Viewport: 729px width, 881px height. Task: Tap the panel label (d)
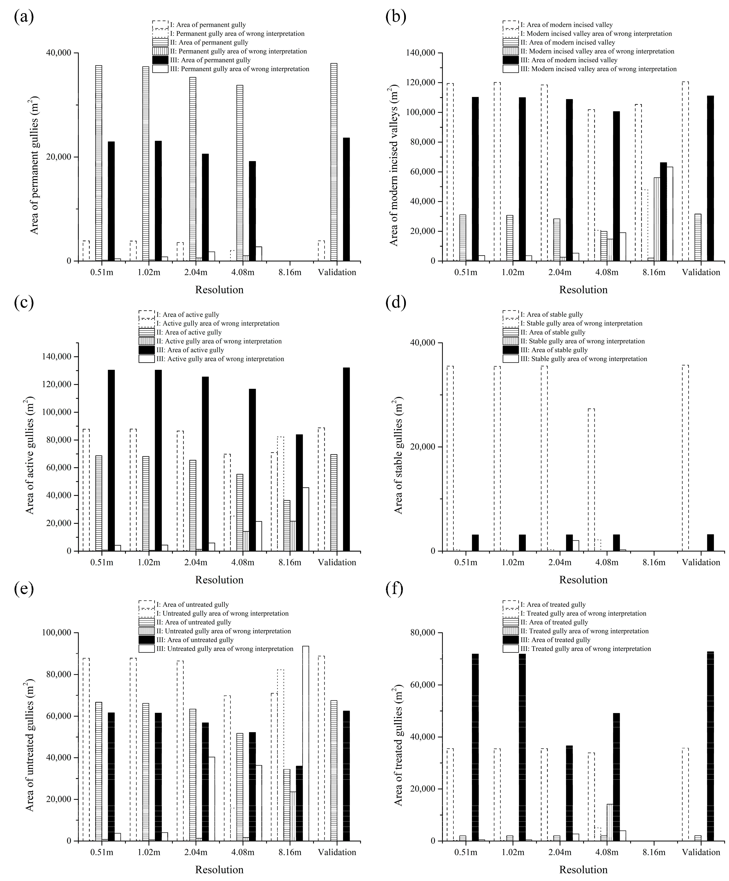tap(396, 302)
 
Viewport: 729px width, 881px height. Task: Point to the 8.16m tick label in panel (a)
tap(290, 272)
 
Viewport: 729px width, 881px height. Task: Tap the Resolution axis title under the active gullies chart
tap(219, 580)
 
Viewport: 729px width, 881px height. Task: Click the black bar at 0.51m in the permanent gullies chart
tap(111, 201)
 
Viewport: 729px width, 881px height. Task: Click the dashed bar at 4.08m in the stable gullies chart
tap(591, 479)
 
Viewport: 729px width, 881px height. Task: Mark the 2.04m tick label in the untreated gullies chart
tap(196, 852)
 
